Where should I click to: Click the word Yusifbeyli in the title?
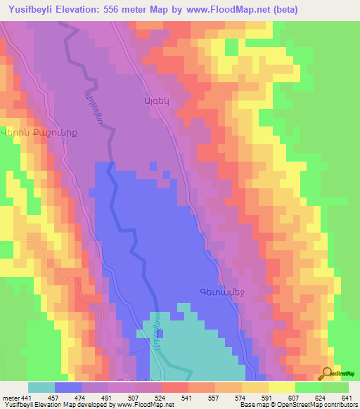37,10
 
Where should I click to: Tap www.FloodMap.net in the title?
228,10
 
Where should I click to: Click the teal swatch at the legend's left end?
41,387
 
